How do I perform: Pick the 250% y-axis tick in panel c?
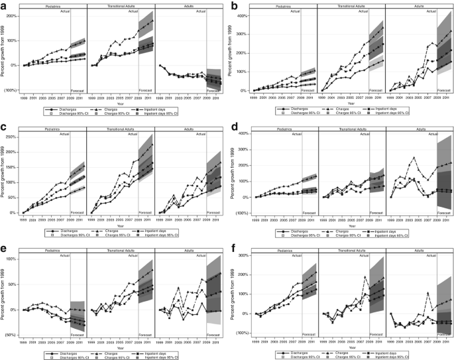[x=15, y=137]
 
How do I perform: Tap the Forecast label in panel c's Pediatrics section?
[x=78, y=206]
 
